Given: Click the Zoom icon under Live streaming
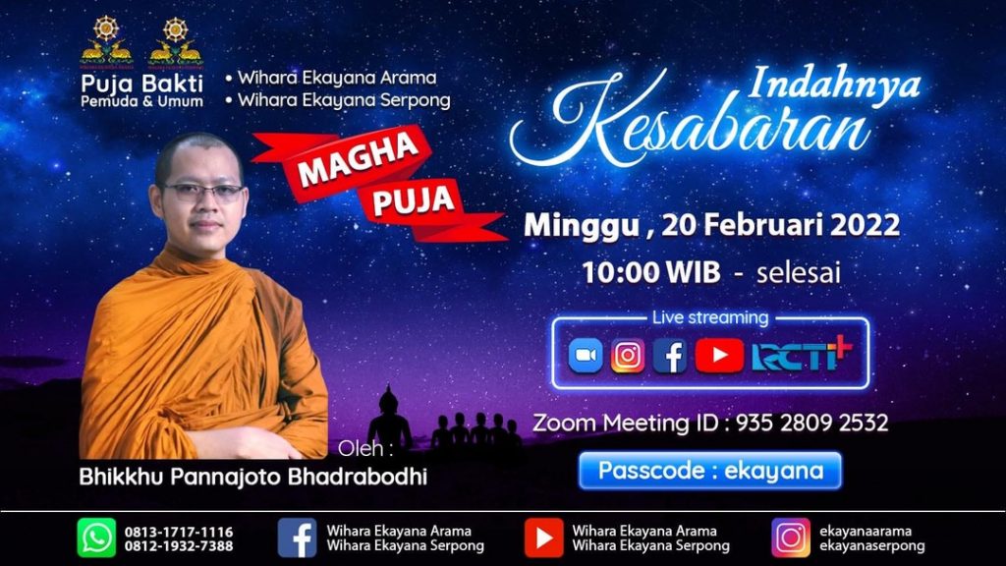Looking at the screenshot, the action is pyautogui.click(x=586, y=356).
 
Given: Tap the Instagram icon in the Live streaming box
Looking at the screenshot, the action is pyautogui.click(x=628, y=356).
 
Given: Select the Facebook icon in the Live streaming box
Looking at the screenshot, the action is pyautogui.click(x=670, y=356).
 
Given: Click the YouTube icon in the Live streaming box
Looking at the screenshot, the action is pyautogui.click(x=719, y=356).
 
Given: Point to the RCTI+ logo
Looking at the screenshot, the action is pyautogui.click(x=802, y=354).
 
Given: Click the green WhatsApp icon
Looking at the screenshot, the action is pyautogui.click(x=97, y=538).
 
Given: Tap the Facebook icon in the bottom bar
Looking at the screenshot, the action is pyautogui.click(x=297, y=538).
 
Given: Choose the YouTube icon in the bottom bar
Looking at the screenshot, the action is pyautogui.click(x=544, y=538).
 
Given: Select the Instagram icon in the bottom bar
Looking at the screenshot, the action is pyautogui.click(x=791, y=538).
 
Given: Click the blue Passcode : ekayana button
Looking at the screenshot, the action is pyautogui.click(x=710, y=471).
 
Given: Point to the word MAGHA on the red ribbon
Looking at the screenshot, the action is pyautogui.click(x=359, y=160).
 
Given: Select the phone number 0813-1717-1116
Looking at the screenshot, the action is pyautogui.click(x=179, y=532).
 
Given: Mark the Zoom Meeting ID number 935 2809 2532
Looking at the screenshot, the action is pyautogui.click(x=812, y=423).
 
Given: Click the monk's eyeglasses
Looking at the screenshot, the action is pyautogui.click(x=202, y=192).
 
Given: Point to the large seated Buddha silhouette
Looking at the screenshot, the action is pyautogui.click(x=389, y=419).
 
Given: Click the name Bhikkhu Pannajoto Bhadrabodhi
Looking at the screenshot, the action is pyautogui.click(x=252, y=477).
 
